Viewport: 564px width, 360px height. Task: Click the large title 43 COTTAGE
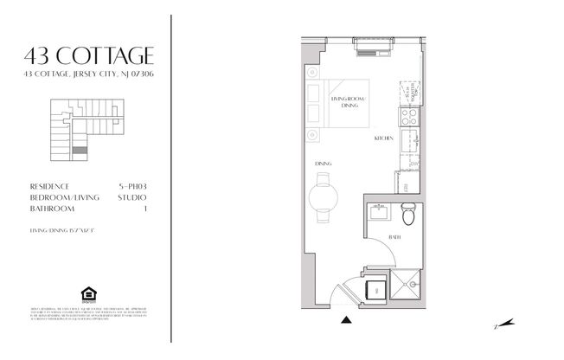(90, 56)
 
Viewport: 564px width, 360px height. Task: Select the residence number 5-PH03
(131, 186)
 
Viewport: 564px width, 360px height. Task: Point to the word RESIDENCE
(49, 186)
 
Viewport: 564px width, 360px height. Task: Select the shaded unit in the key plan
(80, 150)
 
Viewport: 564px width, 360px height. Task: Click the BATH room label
(394, 236)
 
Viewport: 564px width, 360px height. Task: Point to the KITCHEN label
(384, 138)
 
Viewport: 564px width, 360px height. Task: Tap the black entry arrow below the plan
(347, 320)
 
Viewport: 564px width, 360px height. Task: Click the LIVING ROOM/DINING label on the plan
(348, 102)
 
